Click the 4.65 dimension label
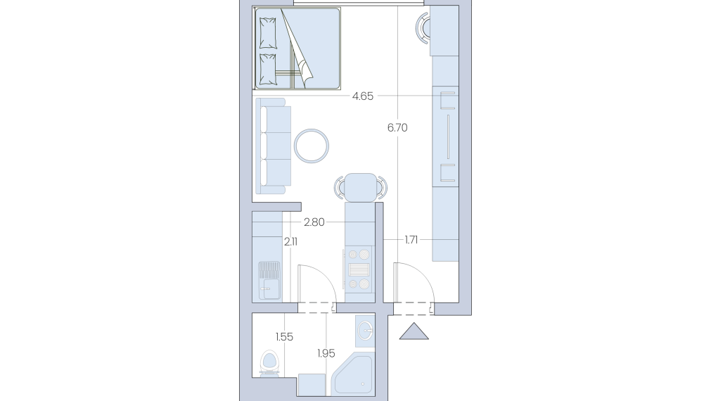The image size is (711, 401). click(363, 96)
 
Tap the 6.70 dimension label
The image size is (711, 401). click(397, 128)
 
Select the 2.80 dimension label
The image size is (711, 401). click(314, 222)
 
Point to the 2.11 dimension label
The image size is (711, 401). click(290, 242)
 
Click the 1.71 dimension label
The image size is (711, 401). click(411, 240)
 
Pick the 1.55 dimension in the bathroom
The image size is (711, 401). click(284, 337)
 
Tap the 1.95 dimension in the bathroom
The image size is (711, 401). click(326, 353)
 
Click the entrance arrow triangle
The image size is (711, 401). click(414, 331)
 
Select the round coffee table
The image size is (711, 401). click(311, 146)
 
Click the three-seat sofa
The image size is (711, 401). click(273, 146)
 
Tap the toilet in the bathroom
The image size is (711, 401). click(269, 363)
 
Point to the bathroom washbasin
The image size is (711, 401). click(365, 331)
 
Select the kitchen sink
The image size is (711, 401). click(269, 280)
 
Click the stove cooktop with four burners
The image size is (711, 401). click(359, 269)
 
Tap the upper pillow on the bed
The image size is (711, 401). click(267, 33)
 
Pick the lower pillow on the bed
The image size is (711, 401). click(267, 70)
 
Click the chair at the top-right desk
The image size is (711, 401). click(423, 28)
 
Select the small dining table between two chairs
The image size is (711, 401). click(361, 187)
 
